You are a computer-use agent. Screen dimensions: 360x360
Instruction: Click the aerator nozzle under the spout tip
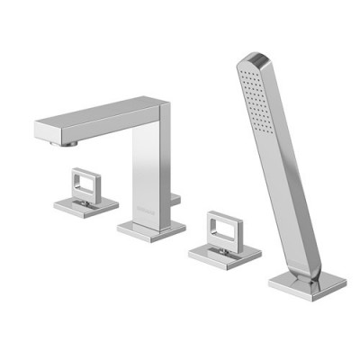click(x=65, y=142)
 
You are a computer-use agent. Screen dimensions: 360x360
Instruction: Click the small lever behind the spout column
click(x=176, y=197)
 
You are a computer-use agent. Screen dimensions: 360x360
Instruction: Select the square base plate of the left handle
click(x=85, y=205)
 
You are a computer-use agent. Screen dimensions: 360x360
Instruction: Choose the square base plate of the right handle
click(x=224, y=254)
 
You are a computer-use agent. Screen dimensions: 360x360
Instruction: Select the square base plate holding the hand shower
click(x=307, y=282)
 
